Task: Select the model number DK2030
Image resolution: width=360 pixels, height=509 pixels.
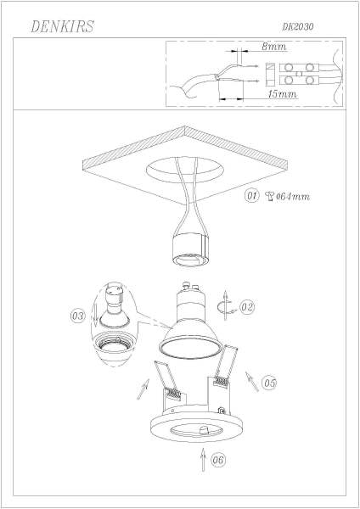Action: (298, 27)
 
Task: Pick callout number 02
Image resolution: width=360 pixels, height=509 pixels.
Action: (247, 307)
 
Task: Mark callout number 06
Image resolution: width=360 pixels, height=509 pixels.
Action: (218, 461)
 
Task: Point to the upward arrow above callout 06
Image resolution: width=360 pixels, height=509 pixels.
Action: (201, 459)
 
